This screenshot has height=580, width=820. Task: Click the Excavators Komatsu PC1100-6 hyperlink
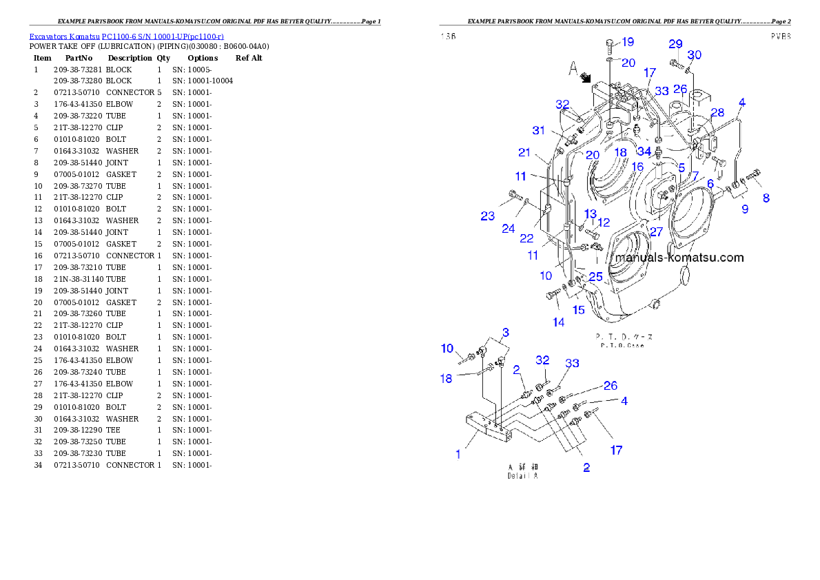point(126,36)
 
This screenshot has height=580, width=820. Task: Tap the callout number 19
point(628,43)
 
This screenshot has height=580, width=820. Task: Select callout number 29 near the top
point(675,44)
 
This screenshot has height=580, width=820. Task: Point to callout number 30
point(695,55)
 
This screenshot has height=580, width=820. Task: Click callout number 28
point(717,112)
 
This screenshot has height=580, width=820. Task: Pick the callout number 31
point(538,131)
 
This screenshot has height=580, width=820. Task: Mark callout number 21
point(525,152)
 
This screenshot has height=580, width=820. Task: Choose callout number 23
point(488,216)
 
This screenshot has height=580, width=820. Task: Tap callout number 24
point(509,228)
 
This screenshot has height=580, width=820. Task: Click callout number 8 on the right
point(766,198)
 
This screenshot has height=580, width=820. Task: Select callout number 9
point(745,209)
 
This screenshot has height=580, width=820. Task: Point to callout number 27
point(656,232)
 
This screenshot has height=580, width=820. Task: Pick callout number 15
point(579,310)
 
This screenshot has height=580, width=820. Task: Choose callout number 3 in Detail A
point(505,333)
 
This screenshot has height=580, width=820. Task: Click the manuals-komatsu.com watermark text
point(679,258)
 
